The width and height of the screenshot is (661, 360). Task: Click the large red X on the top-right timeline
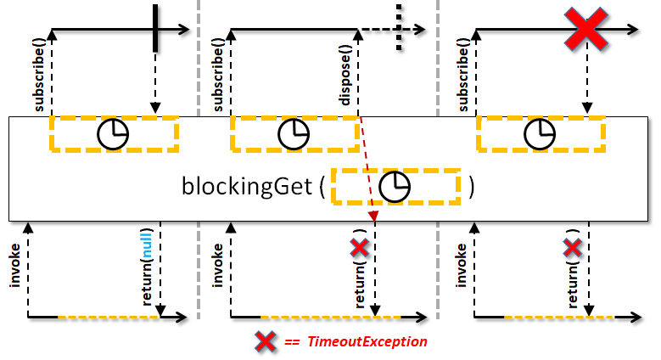586,30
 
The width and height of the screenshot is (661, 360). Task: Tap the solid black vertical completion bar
155,28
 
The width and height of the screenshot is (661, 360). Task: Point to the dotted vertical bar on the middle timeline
399,28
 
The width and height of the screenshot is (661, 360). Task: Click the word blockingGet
247,186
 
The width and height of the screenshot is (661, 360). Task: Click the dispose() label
345,80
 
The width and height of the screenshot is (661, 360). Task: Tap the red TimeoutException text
367,341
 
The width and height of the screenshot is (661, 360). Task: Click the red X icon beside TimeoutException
266,342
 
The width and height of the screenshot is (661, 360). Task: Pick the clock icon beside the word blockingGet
395,187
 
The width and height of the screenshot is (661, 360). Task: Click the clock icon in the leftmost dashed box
113,134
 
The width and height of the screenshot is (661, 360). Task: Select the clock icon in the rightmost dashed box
540,134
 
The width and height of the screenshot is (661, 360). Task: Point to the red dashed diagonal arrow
367,169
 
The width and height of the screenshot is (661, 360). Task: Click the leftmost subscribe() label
39,75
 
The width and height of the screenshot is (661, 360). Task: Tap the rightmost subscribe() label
462,75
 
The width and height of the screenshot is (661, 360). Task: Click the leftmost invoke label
14,266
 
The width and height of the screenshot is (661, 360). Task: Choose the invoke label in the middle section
217,266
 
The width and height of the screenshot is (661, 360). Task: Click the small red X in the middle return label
360,248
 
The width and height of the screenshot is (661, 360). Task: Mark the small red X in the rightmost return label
573,248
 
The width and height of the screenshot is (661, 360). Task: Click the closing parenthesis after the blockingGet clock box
472,187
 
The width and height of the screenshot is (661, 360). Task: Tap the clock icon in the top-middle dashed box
294,134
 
